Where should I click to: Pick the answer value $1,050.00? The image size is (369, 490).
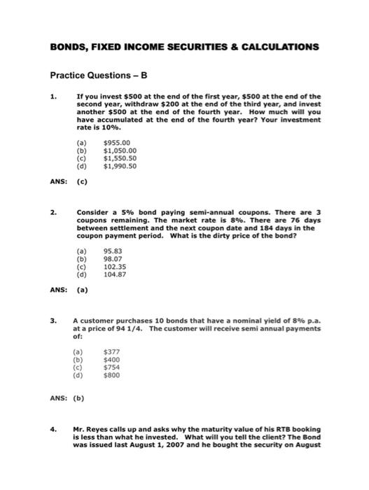click(120, 149)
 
